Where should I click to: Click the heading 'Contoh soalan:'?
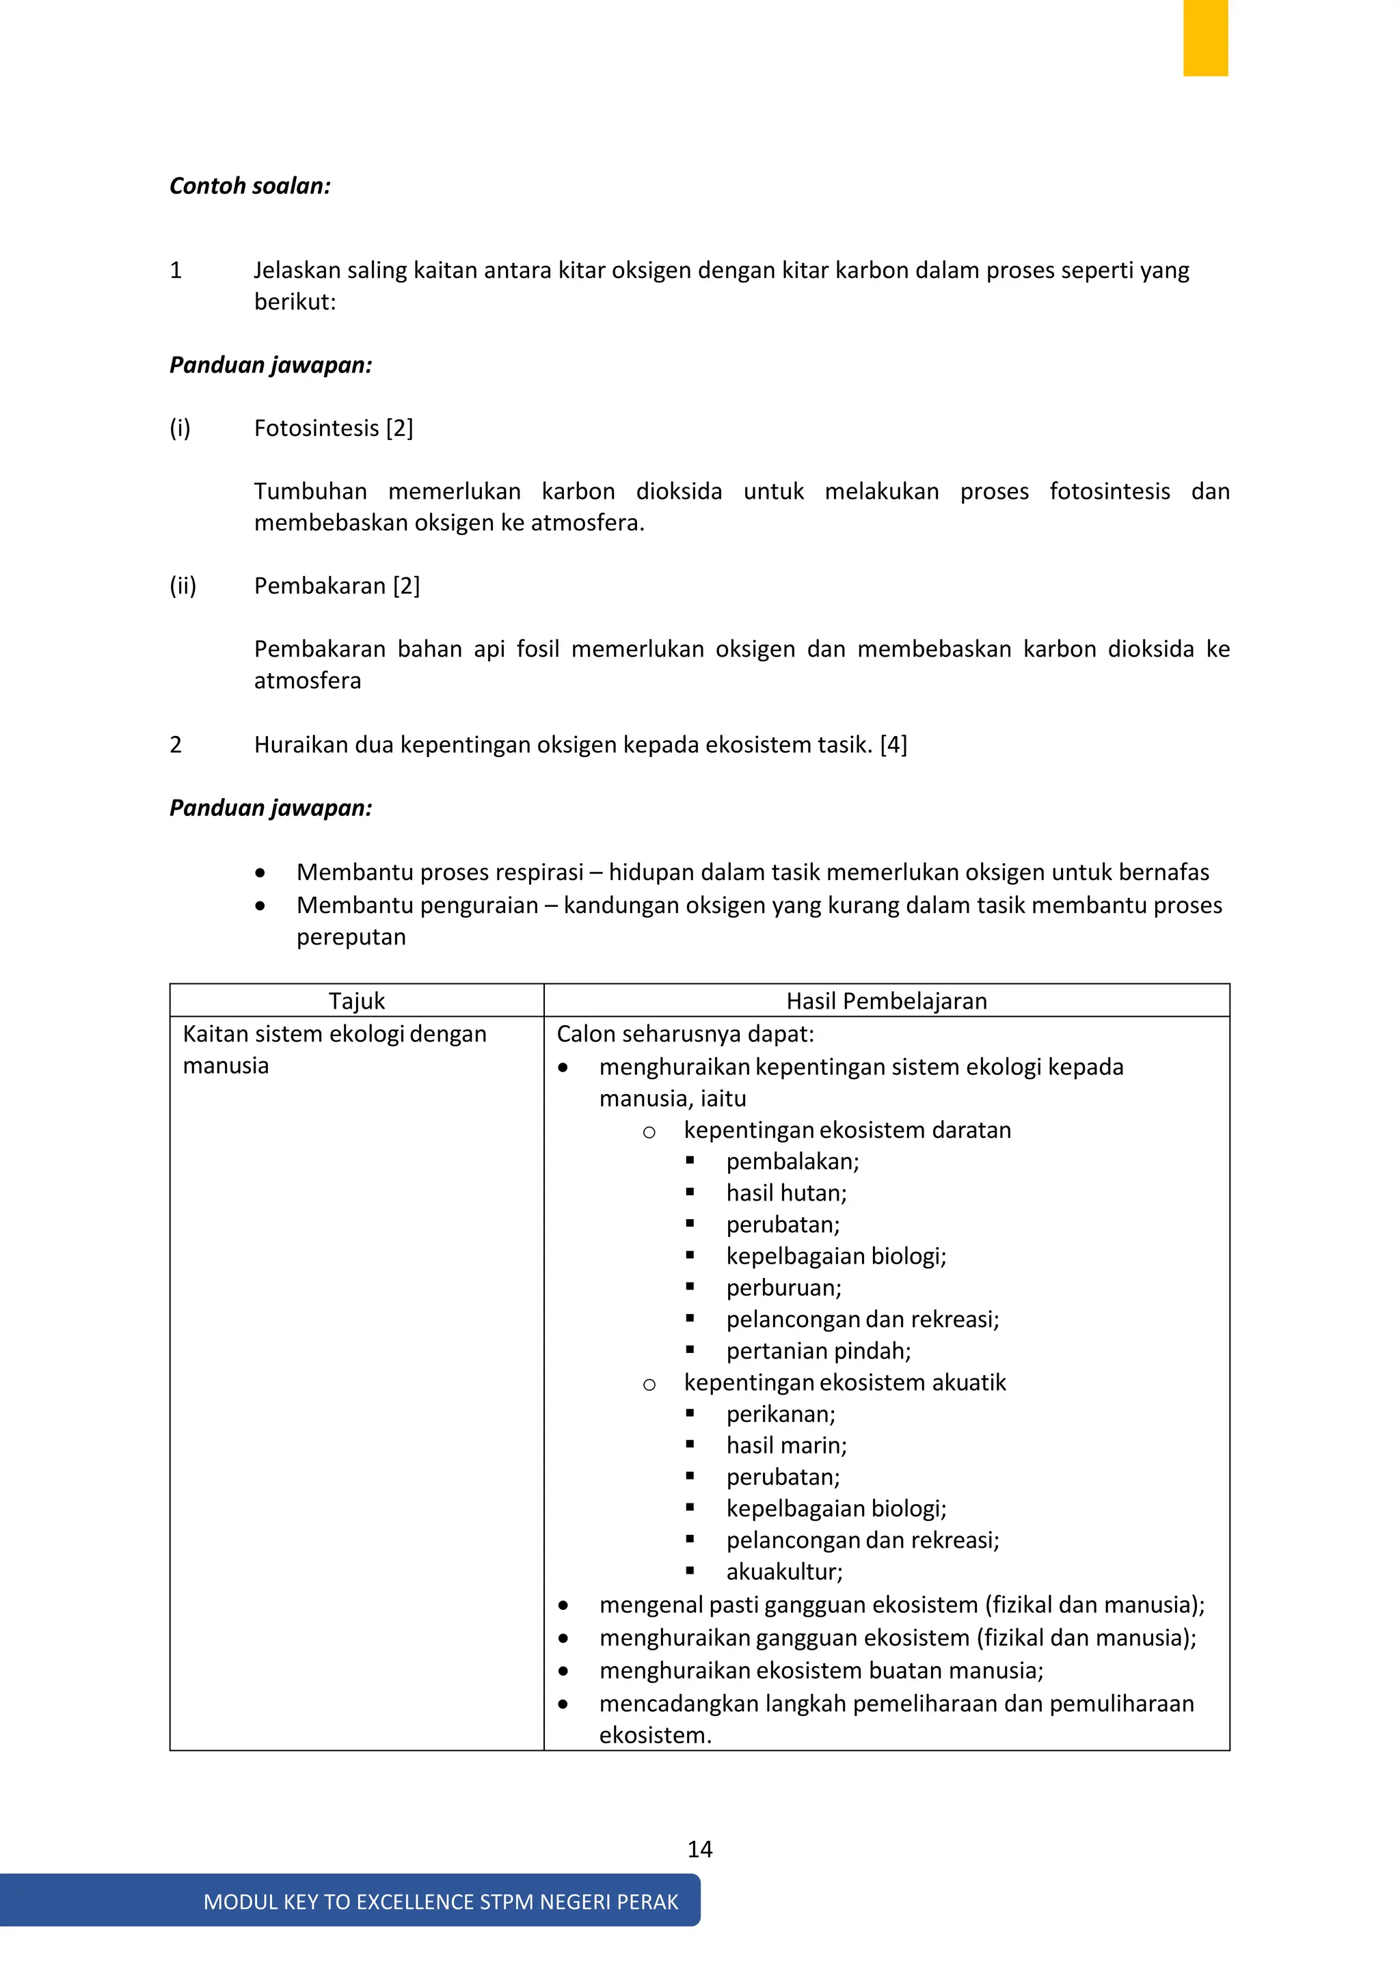click(250, 186)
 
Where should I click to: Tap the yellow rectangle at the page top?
click(1204, 38)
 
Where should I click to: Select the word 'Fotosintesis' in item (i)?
click(317, 428)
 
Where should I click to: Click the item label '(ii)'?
click(183, 586)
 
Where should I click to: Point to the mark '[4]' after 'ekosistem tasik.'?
click(893, 745)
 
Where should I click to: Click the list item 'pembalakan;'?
click(792, 1162)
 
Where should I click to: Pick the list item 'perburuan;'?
click(783, 1287)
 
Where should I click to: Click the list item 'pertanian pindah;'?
click(818, 1350)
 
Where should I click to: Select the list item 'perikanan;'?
click(780, 1415)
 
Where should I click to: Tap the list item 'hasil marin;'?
click(786, 1445)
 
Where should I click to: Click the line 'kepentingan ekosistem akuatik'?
click(845, 1382)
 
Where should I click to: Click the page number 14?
click(699, 1850)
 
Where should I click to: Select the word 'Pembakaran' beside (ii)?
click(320, 586)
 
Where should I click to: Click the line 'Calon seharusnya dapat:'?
click(686, 1035)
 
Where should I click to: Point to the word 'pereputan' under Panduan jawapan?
click(351, 937)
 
